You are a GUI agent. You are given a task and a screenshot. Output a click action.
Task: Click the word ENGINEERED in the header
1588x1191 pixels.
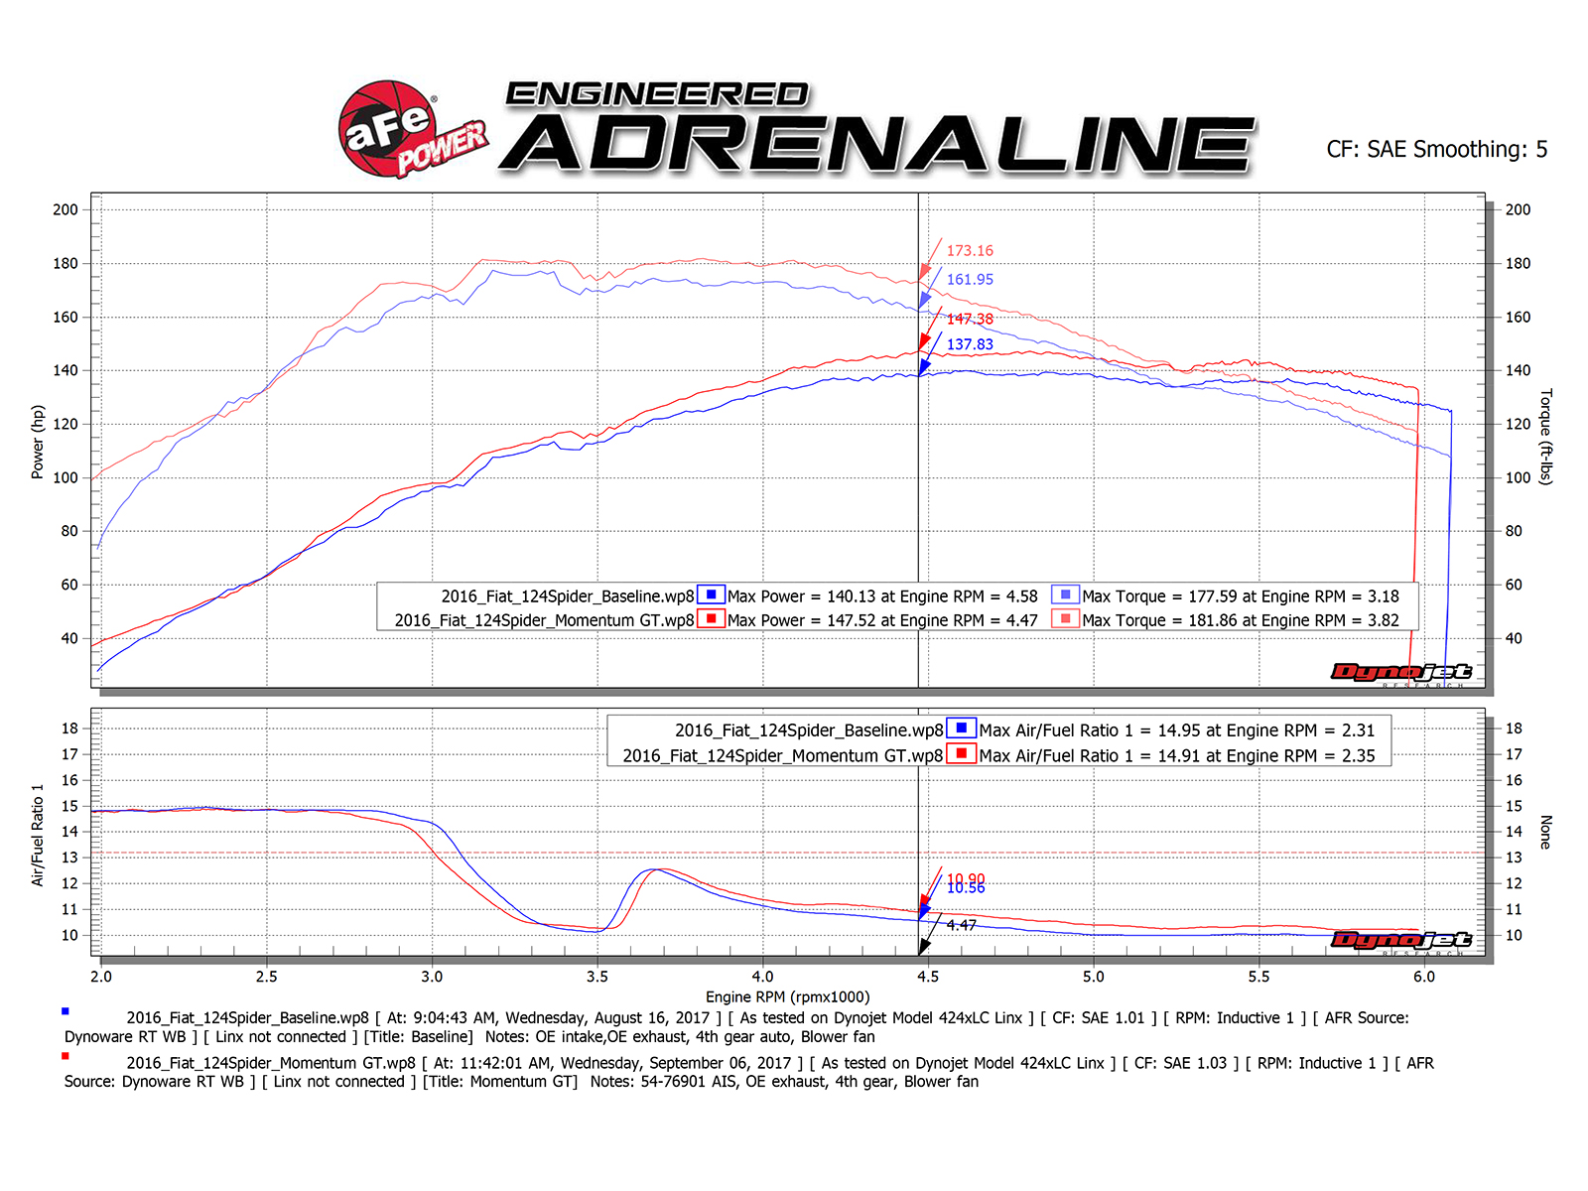coord(657,95)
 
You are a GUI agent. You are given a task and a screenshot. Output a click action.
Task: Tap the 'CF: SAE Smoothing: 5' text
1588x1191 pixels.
coord(1436,150)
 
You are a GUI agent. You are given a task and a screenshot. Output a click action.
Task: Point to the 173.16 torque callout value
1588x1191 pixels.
coord(969,251)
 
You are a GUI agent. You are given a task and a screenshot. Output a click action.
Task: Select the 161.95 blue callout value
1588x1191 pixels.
coord(969,280)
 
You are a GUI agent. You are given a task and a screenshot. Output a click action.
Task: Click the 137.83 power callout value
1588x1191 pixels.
coord(969,344)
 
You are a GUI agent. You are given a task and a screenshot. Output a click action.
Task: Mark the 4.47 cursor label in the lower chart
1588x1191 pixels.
coord(961,925)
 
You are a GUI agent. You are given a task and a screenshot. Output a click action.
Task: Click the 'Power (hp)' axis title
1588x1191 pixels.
coord(38,442)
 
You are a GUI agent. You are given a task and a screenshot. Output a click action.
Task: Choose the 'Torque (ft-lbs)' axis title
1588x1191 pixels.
coord(1545,437)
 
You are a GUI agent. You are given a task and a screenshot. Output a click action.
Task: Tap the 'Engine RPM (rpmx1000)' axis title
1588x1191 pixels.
coord(787,996)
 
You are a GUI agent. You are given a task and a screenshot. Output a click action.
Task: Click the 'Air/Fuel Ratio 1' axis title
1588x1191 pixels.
coord(38,835)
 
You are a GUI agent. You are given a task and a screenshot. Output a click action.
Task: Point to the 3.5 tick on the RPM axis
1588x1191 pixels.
coord(597,977)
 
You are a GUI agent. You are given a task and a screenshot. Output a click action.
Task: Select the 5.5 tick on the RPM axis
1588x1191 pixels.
coord(1258,977)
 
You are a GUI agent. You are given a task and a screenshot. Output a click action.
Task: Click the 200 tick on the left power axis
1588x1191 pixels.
coord(66,209)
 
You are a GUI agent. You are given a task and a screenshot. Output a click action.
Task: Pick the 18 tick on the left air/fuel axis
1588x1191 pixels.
coord(69,728)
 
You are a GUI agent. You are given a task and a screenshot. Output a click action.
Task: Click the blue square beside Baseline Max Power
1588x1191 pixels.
coord(711,595)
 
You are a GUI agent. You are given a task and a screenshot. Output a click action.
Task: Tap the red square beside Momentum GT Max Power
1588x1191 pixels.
coord(711,619)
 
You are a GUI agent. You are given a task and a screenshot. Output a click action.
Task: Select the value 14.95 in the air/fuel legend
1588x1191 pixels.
coord(1179,730)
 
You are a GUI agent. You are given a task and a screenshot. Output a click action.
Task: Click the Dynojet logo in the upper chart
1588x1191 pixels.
coord(1400,673)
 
